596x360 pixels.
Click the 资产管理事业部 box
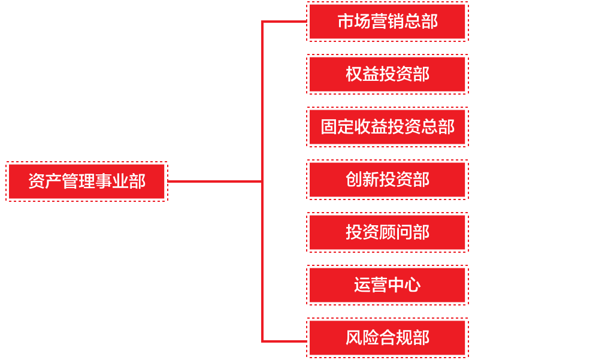[x=87, y=181]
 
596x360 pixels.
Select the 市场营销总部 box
[x=387, y=22]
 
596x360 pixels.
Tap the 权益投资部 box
[x=387, y=74]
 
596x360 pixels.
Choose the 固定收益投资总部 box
[x=387, y=127]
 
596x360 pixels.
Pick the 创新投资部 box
[x=387, y=180]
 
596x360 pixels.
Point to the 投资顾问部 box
[x=387, y=232]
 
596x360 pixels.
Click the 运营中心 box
[x=387, y=285]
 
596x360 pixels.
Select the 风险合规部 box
[x=387, y=338]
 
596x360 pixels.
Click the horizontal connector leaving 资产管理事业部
[x=214, y=181]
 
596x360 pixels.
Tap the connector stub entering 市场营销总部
[x=285, y=22]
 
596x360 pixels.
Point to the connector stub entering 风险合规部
[x=285, y=341]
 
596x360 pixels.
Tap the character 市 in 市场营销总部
[x=346, y=22]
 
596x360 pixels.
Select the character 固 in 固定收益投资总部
[x=329, y=127]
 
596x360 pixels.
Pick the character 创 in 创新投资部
[x=354, y=180]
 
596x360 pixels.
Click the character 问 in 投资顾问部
[x=404, y=232]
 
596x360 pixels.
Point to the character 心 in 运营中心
[x=413, y=285]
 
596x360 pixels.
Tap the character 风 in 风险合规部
[x=354, y=338]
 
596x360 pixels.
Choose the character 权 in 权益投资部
[x=354, y=74]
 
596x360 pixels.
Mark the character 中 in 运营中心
[x=396, y=285]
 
